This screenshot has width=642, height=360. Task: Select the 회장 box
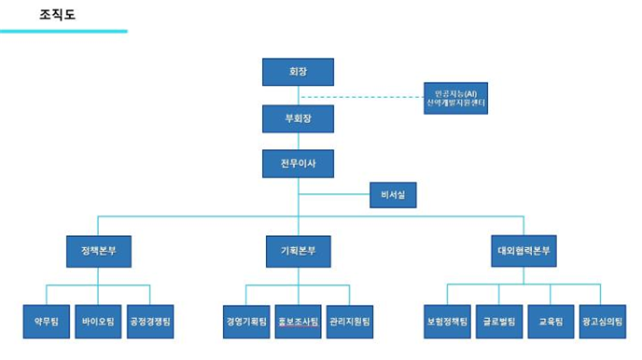pos(298,72)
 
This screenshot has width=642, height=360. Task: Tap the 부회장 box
pos(298,118)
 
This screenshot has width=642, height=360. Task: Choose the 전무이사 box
pos(298,164)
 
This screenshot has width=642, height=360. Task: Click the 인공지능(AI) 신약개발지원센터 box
pos(454,97)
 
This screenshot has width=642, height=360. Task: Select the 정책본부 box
pos(98,251)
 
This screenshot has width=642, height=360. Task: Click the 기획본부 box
pos(298,251)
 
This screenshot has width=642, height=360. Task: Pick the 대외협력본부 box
pos(523,251)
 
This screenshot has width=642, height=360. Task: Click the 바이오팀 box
pos(98,321)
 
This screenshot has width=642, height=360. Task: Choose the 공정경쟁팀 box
pos(150,321)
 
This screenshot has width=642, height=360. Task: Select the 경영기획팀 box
pos(246,321)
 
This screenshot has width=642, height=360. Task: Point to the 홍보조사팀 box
pos(298,321)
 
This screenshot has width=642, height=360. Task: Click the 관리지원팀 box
pos(350,321)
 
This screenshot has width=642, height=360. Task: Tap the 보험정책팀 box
pos(446,321)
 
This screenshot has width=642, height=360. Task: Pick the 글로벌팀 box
pos(498,321)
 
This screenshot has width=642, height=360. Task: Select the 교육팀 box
pos(550,321)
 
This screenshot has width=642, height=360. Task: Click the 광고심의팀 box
pos(602,321)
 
